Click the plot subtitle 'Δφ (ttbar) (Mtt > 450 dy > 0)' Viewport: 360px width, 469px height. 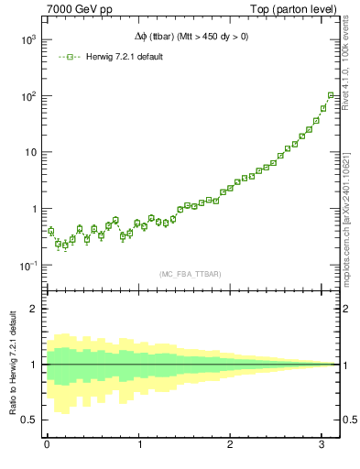pyautogui.click(x=191, y=37)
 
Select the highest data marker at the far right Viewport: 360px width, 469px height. pyautogui.click(x=331, y=95)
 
